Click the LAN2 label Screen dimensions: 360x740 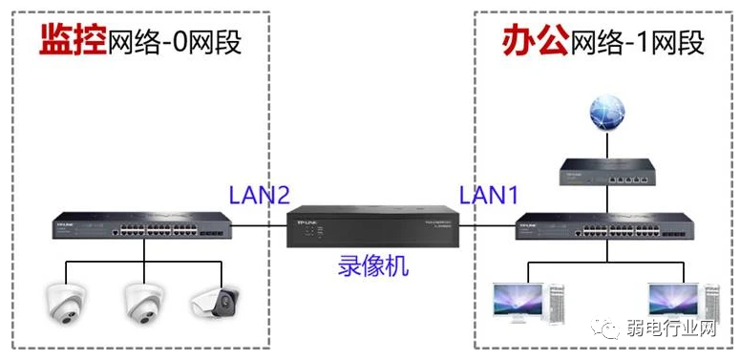(x=259, y=195)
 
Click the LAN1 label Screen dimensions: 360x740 (x=489, y=195)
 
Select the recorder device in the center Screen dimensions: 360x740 (x=373, y=227)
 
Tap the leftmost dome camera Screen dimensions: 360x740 (x=66, y=303)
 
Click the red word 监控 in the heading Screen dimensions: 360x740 (x=72, y=41)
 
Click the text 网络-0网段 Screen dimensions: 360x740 (x=174, y=43)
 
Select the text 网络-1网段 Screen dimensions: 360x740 (x=636, y=43)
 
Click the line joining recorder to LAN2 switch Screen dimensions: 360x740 (x=260, y=226)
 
